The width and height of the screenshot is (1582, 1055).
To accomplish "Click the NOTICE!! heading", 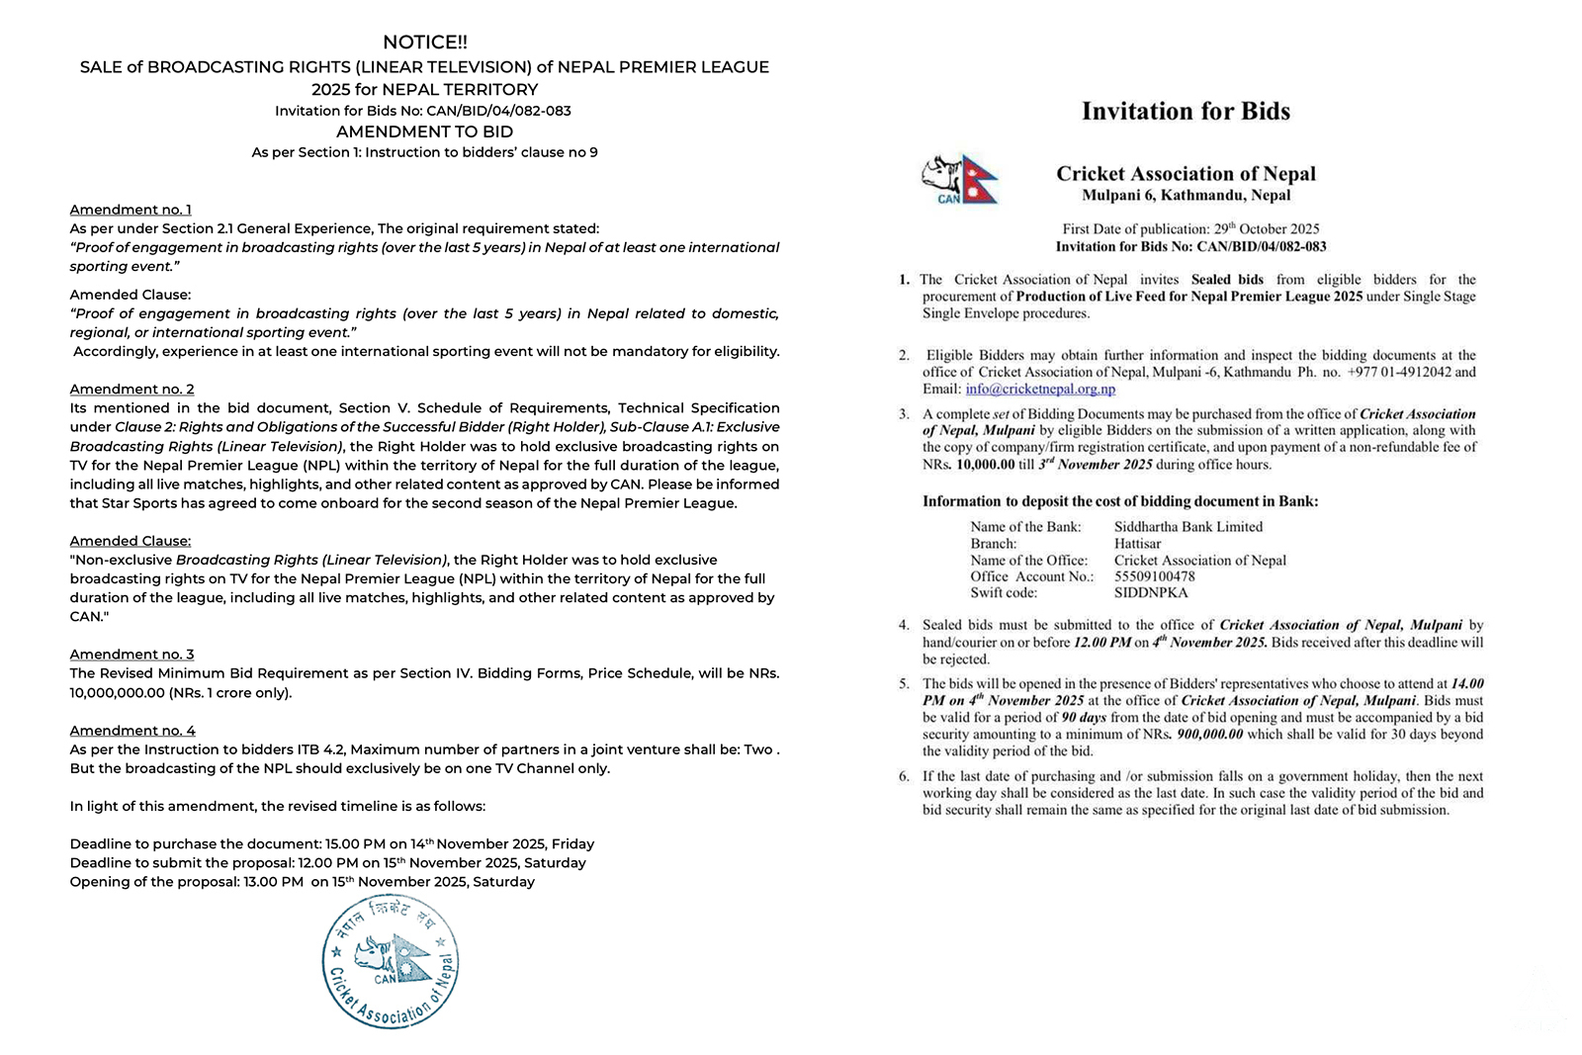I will pos(424,43).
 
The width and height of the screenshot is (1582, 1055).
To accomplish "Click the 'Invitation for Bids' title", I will pos(1186,111).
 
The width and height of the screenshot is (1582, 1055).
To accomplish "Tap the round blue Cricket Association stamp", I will pos(391,962).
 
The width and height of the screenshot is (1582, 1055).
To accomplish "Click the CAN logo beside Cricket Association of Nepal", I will pos(959,179).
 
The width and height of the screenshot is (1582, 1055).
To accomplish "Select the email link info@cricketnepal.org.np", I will pos(1040,389).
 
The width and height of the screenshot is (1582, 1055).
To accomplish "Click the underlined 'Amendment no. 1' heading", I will pos(131,210).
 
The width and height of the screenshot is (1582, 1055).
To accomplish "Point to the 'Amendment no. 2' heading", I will pos(132,390).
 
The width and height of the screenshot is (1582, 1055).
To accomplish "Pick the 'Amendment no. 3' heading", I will pos(132,655).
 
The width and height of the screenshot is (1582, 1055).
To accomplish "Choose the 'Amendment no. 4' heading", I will pos(132,731).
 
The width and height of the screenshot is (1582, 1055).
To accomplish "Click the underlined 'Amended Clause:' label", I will pos(131,541).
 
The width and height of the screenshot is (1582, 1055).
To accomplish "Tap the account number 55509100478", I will pos(1154,576).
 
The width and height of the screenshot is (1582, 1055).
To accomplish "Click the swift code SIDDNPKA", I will pos(1151,593).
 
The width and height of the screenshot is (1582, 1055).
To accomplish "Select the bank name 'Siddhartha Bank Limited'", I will pos(1187,527).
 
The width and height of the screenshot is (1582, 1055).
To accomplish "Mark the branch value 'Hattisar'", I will pos(1137,544).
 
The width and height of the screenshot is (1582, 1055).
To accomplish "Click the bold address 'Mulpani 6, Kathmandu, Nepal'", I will pos(1186,196).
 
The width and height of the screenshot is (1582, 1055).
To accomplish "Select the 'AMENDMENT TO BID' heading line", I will pos(424,132).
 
